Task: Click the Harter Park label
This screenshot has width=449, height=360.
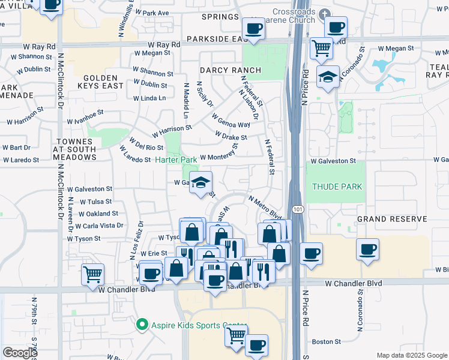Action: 176,160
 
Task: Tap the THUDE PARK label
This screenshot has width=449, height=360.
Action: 337,187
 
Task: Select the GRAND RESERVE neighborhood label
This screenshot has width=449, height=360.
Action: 391,219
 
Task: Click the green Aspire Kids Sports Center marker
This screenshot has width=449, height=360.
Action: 142,325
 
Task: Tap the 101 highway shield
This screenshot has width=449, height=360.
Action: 298,208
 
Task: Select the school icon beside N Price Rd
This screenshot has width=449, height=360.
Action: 328,76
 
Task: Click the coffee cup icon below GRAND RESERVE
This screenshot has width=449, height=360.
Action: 367,249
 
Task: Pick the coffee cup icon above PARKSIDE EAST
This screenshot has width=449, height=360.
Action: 253,28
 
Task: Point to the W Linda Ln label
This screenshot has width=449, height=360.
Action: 149,98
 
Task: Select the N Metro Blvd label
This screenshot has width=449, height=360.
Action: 264,206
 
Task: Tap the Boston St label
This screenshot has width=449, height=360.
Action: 327,341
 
